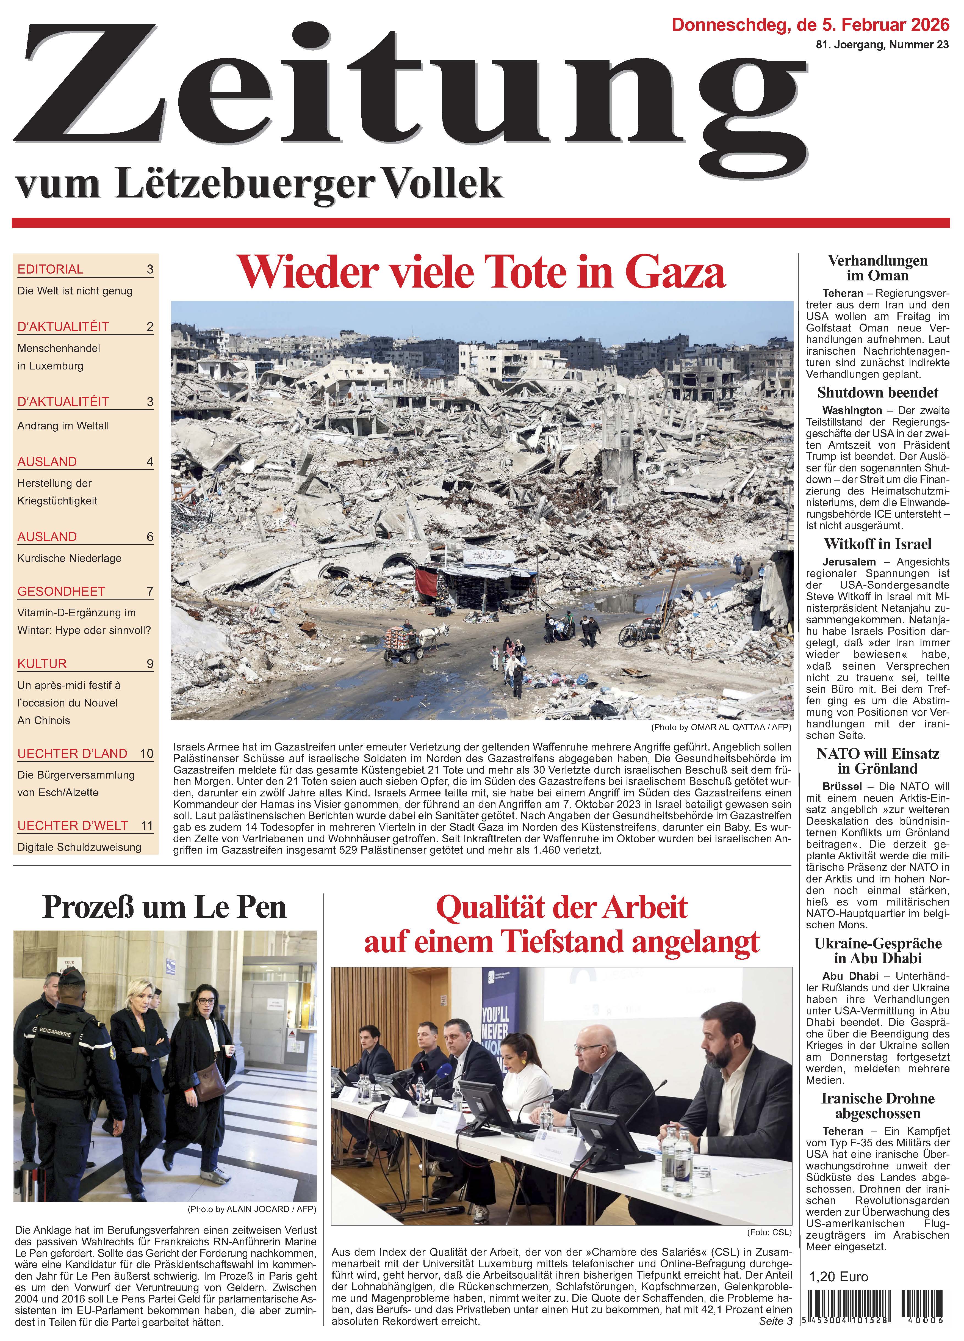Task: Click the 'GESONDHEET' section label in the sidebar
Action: (61, 591)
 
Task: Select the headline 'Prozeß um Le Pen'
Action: (164, 907)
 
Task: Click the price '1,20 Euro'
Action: (838, 1277)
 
